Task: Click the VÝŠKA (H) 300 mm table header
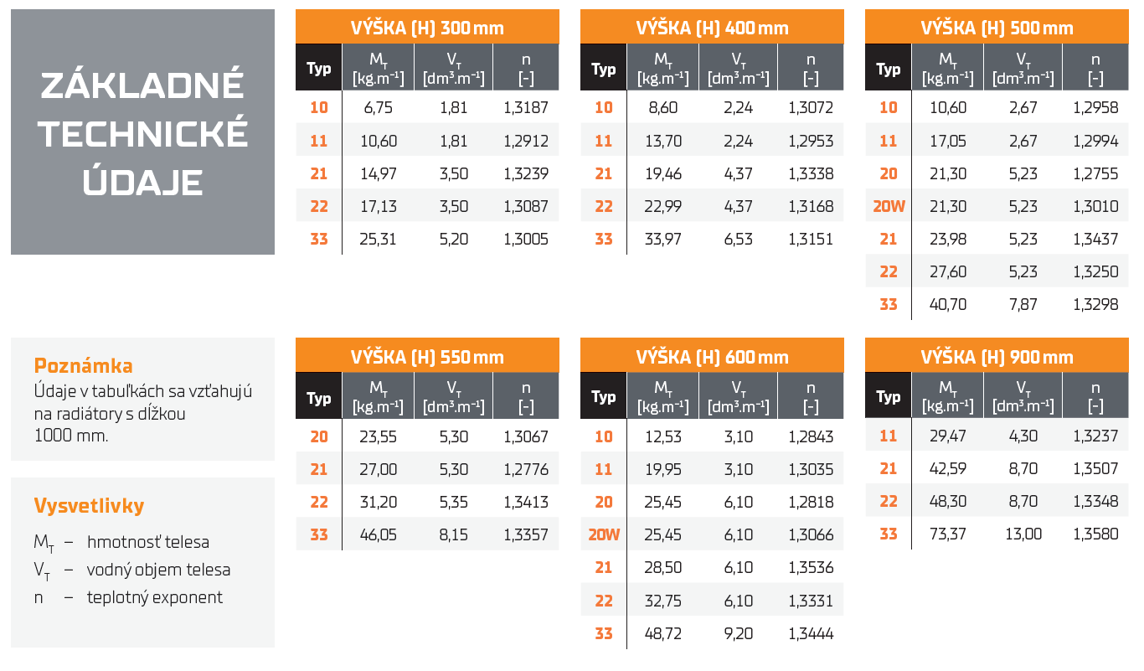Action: point(427,28)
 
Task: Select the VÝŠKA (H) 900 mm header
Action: point(997,357)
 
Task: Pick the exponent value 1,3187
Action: point(526,107)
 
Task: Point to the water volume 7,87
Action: point(1023,304)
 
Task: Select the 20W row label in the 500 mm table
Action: point(889,206)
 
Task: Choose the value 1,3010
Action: point(1095,206)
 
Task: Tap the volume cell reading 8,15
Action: point(454,534)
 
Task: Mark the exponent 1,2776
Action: point(526,469)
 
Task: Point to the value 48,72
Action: point(662,633)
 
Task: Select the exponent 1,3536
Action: point(811,568)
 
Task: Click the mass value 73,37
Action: point(948,534)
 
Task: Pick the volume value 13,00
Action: point(1023,534)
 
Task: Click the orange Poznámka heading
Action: point(83,366)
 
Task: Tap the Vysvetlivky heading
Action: point(89,506)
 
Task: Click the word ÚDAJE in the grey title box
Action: point(142,182)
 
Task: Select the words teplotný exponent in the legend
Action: point(155,597)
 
